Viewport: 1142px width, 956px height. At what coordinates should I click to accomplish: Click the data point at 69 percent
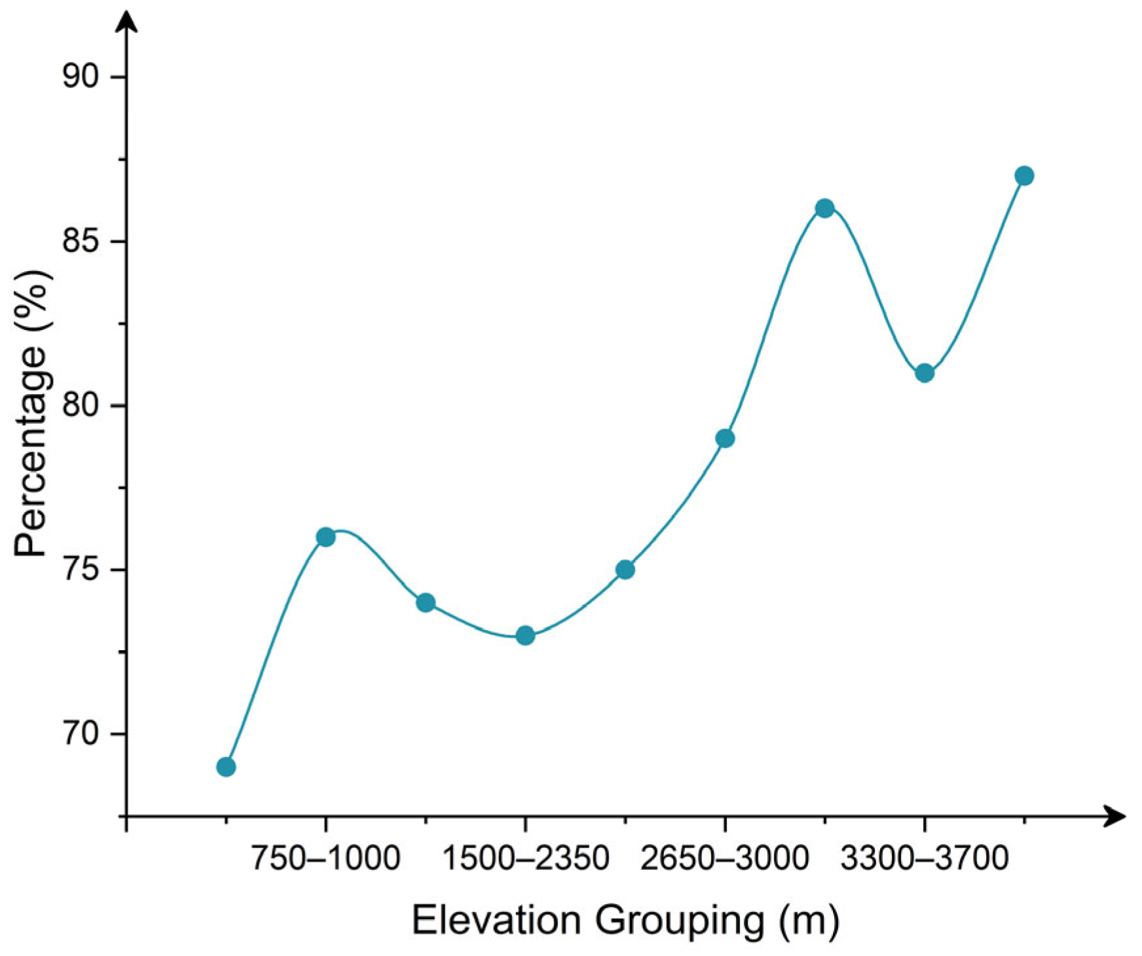[x=226, y=767]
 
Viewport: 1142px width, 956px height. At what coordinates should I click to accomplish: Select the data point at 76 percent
[x=325, y=537]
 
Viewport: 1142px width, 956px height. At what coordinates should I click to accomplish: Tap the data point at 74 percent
[x=426, y=602]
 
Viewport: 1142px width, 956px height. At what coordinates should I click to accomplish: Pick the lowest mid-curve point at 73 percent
[x=525, y=635]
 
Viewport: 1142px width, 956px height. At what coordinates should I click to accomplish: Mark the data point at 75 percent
[x=625, y=570]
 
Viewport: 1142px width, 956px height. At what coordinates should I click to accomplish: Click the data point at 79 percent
[x=725, y=438]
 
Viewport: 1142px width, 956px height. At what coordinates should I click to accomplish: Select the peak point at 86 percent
[x=825, y=208]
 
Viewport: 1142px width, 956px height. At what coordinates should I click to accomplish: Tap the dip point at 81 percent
[x=925, y=373]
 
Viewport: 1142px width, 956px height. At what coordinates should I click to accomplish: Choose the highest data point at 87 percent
[x=1025, y=175]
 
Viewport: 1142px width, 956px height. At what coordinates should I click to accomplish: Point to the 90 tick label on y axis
[x=80, y=77]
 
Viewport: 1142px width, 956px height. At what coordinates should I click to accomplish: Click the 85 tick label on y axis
[x=80, y=241]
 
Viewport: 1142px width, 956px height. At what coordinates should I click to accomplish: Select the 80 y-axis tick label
[x=80, y=405]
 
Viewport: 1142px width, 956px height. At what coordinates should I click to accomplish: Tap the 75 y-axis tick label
[x=80, y=570]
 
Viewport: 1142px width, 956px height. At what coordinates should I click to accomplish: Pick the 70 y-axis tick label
[x=80, y=734]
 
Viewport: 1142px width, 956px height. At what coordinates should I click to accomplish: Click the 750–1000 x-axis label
[x=325, y=858]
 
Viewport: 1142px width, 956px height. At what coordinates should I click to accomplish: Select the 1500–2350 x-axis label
[x=525, y=858]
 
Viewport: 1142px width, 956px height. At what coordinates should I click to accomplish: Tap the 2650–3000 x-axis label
[x=725, y=858]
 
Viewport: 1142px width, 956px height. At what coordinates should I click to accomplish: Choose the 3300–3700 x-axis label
[x=925, y=858]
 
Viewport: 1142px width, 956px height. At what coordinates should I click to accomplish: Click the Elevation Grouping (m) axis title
[x=625, y=920]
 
